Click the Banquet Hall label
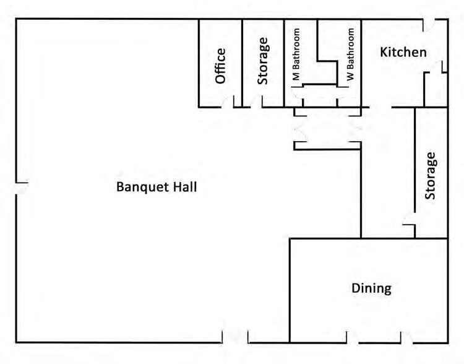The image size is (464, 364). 157,187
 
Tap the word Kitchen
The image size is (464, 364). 403,52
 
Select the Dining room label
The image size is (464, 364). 371,288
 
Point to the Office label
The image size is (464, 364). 220,66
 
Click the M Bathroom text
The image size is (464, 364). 296,54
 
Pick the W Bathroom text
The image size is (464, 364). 350,54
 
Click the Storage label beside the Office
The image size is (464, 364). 263,61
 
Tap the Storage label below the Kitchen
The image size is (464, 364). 430,176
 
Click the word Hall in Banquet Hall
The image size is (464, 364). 185,187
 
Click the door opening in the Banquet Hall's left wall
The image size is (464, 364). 16,189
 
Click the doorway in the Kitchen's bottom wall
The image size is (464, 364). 380,107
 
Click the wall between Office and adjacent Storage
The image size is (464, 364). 242,63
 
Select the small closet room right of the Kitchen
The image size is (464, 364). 436,89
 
